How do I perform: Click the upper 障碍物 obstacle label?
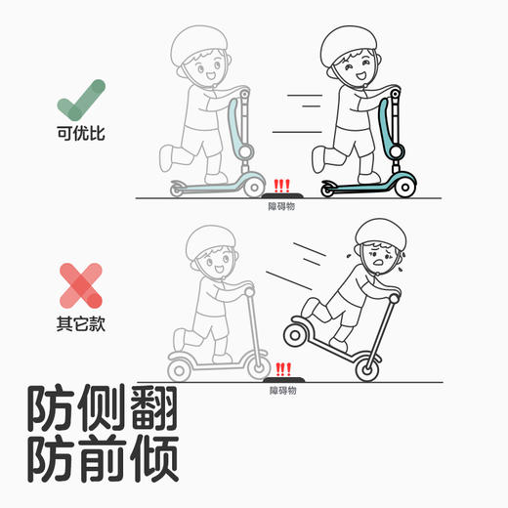click(x=282, y=206)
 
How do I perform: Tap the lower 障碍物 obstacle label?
click(x=282, y=390)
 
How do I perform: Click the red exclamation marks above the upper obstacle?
click(x=283, y=185)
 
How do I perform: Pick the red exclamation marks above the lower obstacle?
click(x=283, y=368)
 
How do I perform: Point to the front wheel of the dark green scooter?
click(x=404, y=183)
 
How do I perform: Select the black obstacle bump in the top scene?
click(x=283, y=195)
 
